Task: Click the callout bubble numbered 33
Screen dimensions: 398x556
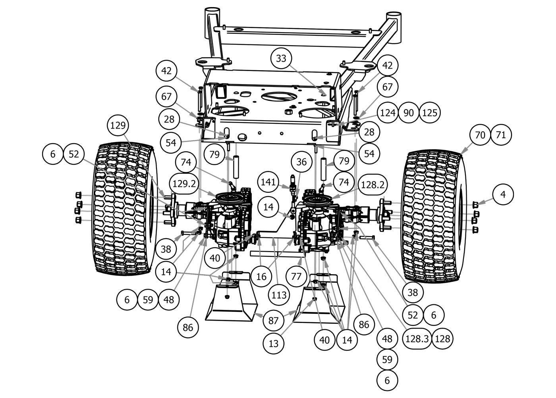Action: click(x=281, y=58)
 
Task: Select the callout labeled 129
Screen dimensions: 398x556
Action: click(x=118, y=126)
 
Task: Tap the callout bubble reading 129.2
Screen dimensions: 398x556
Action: click(x=184, y=183)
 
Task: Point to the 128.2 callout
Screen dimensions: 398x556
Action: click(x=372, y=184)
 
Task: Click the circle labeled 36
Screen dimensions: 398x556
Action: click(x=301, y=162)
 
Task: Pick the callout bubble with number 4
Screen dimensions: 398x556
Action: click(x=503, y=194)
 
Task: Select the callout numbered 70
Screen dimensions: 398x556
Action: click(x=480, y=135)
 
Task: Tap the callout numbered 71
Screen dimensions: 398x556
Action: click(x=501, y=135)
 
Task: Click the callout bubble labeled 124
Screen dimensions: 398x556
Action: click(x=387, y=113)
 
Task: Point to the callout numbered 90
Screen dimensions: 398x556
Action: click(x=408, y=113)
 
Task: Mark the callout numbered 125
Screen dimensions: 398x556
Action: click(x=429, y=113)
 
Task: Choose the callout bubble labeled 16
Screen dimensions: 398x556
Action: click(x=261, y=276)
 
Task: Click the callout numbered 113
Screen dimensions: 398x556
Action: click(x=279, y=295)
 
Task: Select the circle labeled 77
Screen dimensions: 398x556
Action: click(x=296, y=276)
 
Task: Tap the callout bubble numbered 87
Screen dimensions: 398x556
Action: click(x=273, y=320)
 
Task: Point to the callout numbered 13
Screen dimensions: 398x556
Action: click(x=274, y=343)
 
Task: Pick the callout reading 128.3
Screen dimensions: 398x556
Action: click(x=417, y=338)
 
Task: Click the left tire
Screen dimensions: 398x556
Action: click(x=123, y=208)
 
